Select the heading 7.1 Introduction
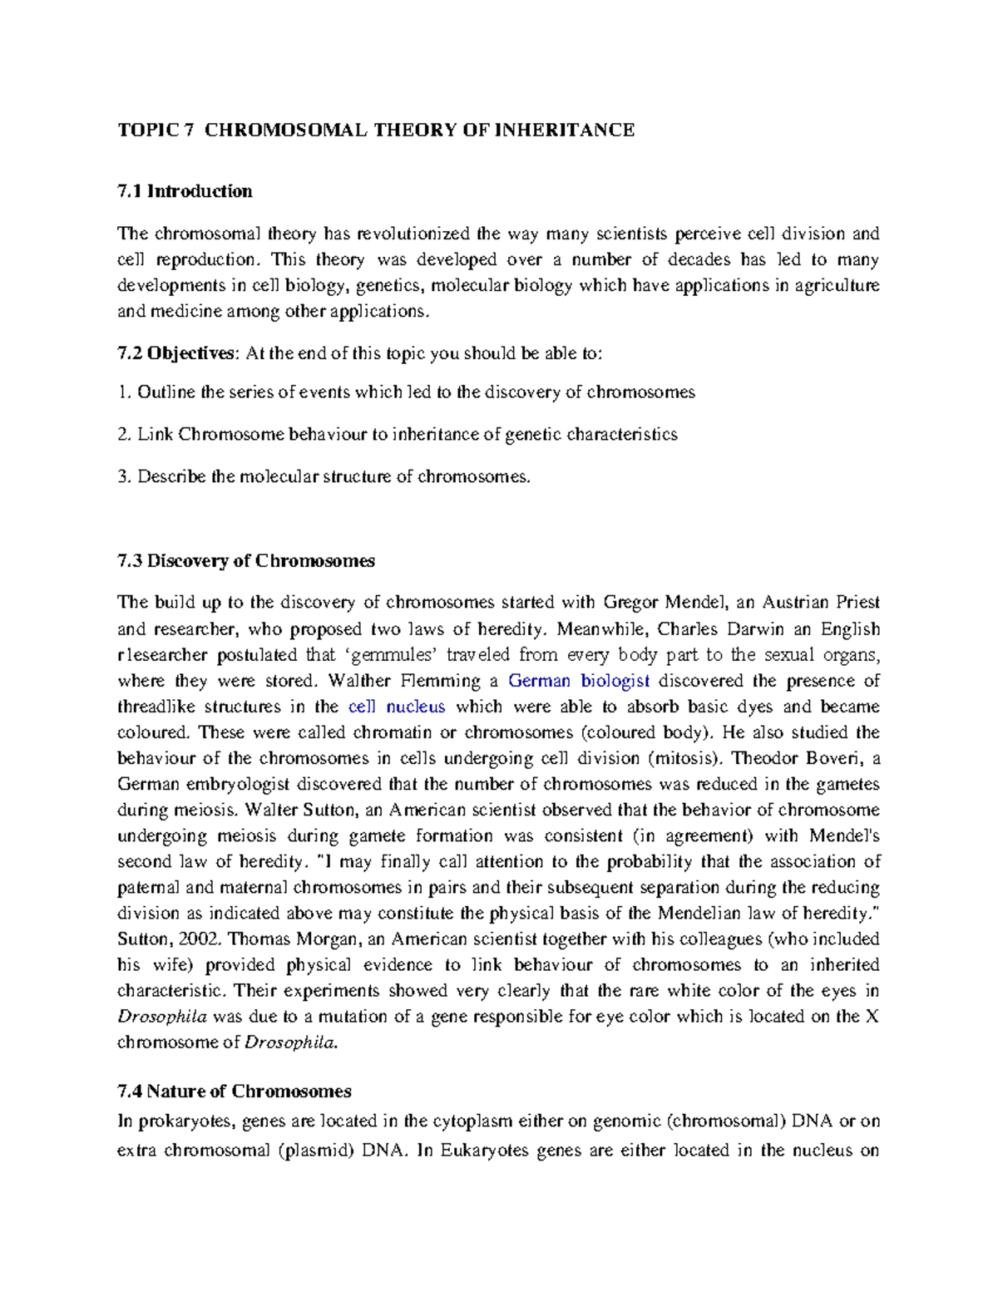pyautogui.click(x=185, y=191)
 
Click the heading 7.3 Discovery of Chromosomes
pyautogui.click(x=246, y=560)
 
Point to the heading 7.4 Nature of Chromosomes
pyautogui.click(x=235, y=1091)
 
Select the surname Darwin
pyautogui.click(x=763, y=628)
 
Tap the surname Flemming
pyautogui.click(x=441, y=681)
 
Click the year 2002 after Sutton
pyautogui.click(x=202, y=939)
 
